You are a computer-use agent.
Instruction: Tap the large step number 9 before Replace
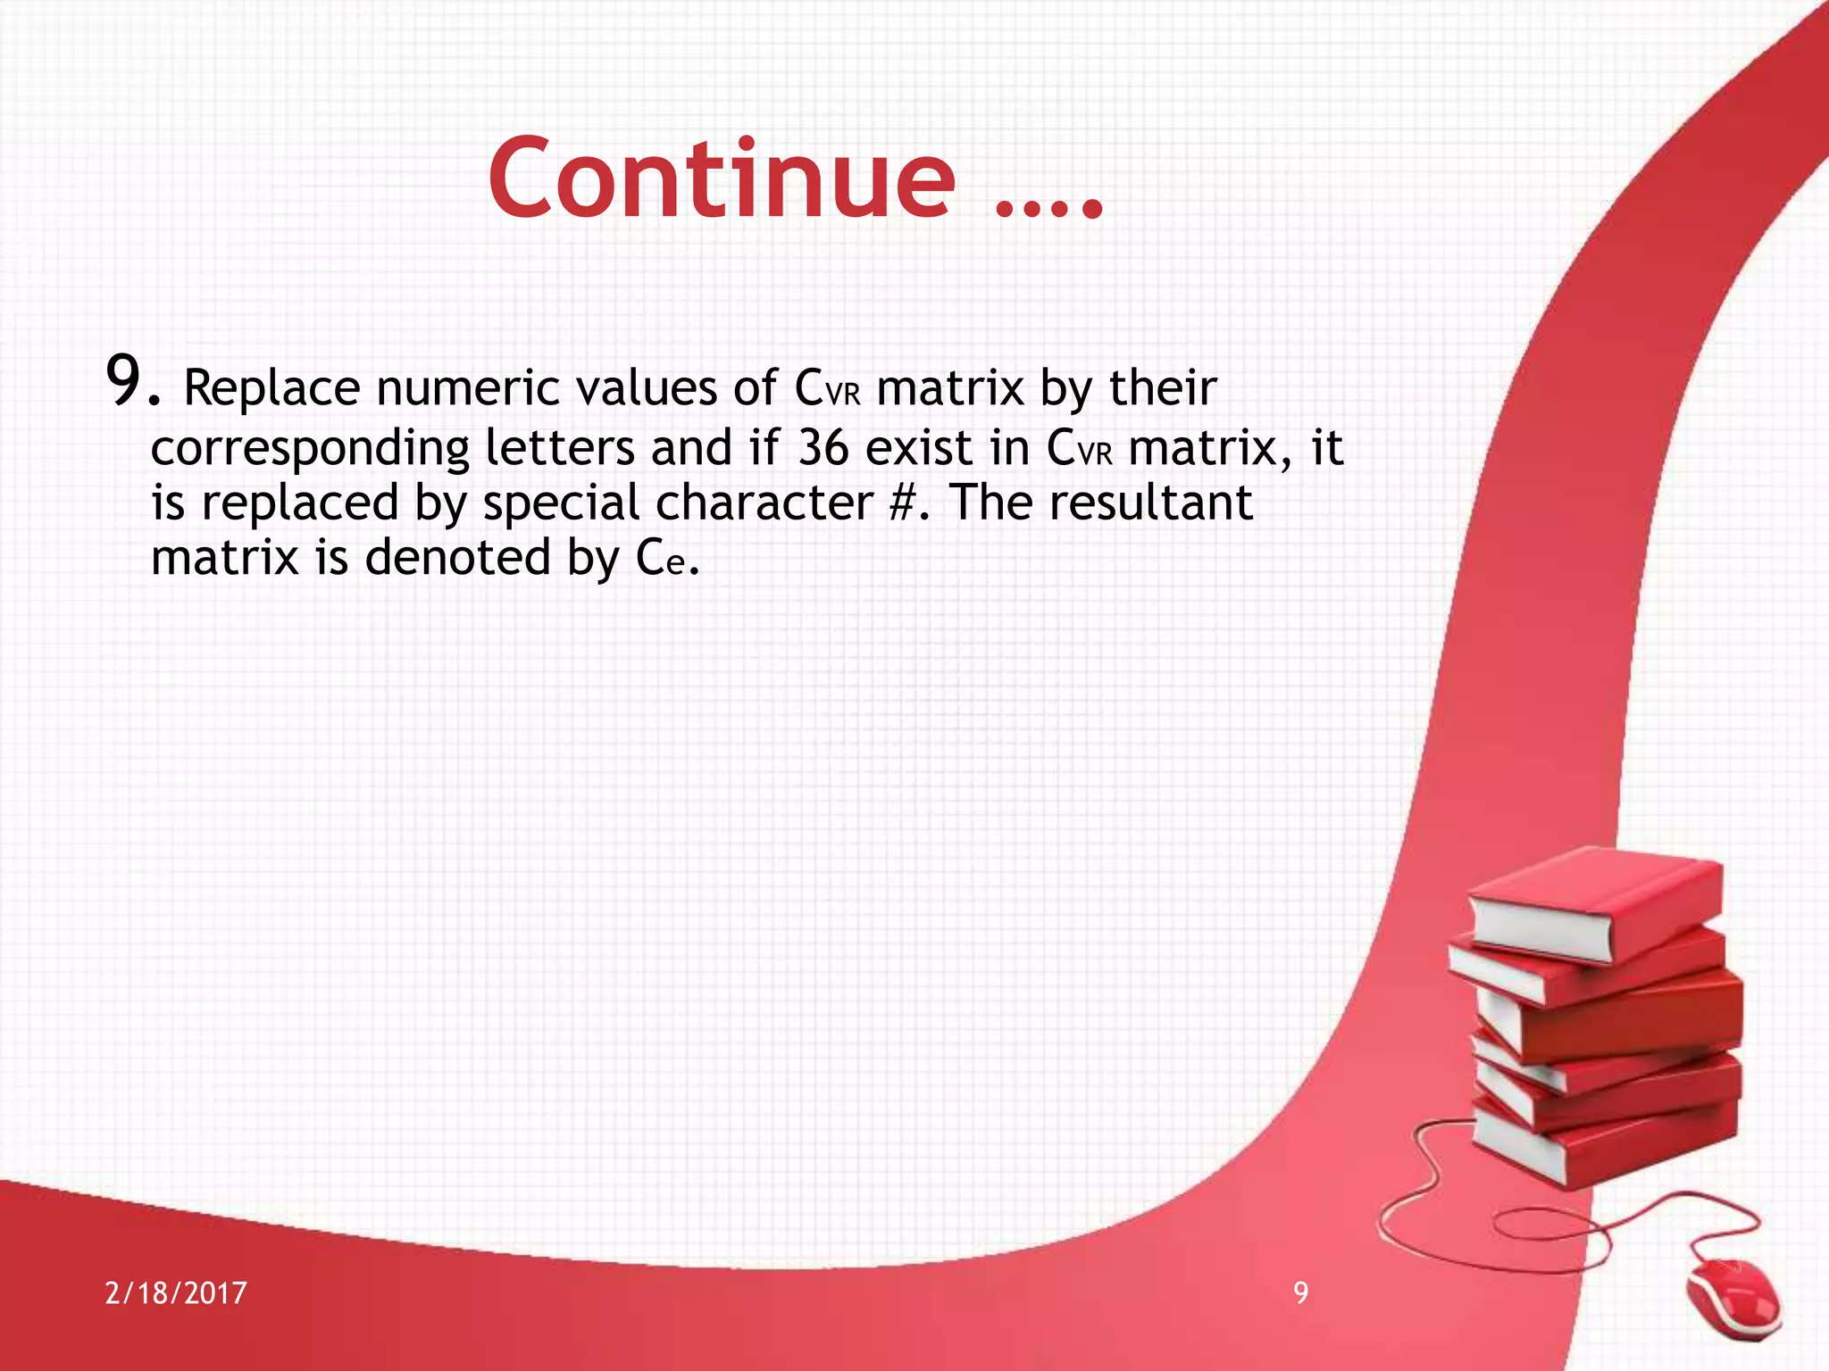[125, 381]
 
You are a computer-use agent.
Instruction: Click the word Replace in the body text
[271, 388]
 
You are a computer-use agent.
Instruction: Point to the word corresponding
[310, 448]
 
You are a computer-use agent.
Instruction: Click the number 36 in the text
[823, 447]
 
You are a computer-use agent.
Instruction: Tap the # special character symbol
[904, 503]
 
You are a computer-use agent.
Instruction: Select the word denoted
[457, 558]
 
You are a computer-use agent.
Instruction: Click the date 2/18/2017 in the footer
[176, 1293]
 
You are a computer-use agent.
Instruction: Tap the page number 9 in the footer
[1301, 1292]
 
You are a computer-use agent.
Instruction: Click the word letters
[559, 447]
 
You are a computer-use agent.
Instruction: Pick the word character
[764, 503]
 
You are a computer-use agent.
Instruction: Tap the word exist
[919, 447]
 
